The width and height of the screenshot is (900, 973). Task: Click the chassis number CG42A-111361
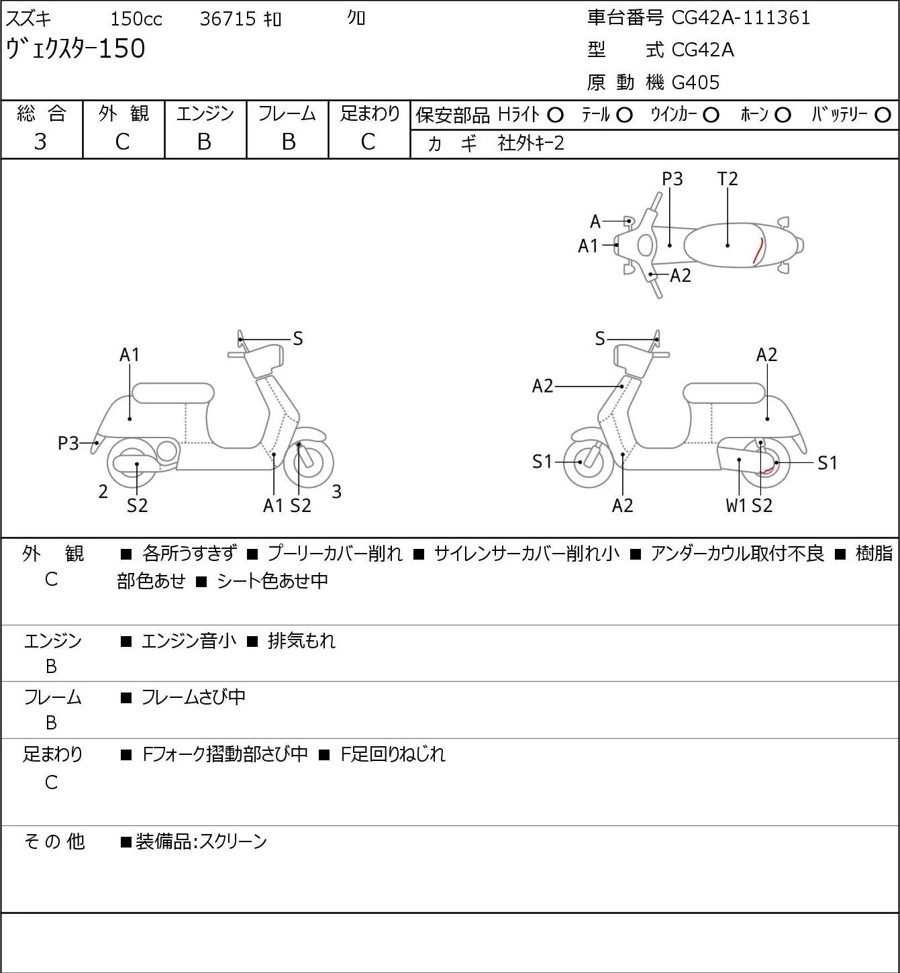[740, 18]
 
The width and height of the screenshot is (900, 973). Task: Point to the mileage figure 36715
[228, 19]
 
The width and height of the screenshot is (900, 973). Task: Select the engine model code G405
[695, 83]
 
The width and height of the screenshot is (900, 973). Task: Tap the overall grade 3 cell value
[40, 142]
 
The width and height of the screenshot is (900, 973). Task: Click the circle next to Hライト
[556, 115]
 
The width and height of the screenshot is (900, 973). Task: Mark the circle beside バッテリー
[883, 115]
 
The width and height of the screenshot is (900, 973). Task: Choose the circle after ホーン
[783, 115]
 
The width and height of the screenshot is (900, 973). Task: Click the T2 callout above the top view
[728, 178]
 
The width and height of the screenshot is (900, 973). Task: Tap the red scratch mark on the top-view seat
[758, 250]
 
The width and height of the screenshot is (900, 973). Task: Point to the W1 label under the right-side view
[736, 505]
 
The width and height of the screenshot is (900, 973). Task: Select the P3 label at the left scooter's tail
[68, 444]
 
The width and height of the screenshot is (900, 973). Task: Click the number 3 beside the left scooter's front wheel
[336, 491]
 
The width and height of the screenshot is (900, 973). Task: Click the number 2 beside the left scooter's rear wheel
[103, 491]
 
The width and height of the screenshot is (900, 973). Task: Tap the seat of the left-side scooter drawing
[173, 393]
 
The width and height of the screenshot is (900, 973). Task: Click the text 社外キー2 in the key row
[531, 144]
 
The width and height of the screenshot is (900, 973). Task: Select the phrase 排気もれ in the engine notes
[301, 641]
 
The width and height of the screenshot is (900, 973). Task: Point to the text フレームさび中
[193, 697]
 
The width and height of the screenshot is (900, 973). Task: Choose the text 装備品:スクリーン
[201, 841]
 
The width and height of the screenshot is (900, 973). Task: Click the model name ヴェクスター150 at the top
[75, 49]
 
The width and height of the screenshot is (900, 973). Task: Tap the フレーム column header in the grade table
[287, 114]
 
